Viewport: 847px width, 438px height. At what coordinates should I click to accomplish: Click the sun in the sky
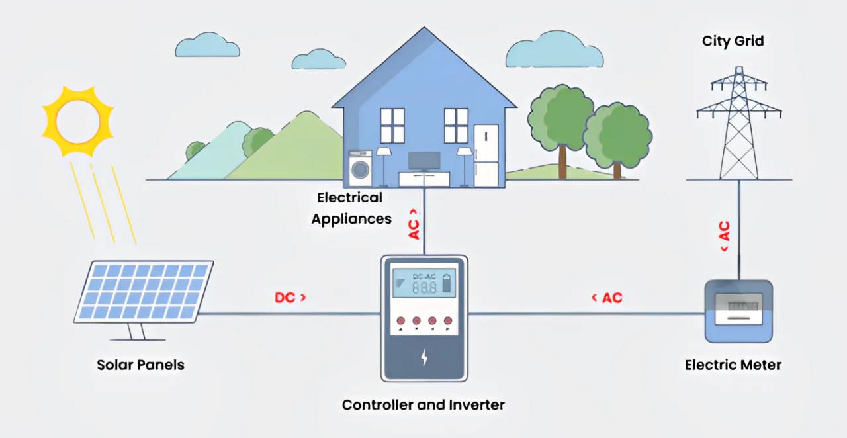[x=78, y=121]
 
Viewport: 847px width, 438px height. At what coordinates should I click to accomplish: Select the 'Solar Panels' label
[x=140, y=365]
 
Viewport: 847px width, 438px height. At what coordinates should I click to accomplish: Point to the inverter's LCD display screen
[x=423, y=283]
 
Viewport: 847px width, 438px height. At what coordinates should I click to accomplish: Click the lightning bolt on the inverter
[x=424, y=358]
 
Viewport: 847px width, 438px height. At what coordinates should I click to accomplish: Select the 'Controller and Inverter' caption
[x=423, y=404]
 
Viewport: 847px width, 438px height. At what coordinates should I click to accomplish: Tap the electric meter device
[x=738, y=311]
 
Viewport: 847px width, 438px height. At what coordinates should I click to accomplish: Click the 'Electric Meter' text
[x=733, y=365]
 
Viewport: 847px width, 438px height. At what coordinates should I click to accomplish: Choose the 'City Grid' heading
[x=733, y=41]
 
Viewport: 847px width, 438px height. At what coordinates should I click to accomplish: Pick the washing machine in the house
[x=361, y=169]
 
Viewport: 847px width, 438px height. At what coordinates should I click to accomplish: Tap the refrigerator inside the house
[x=485, y=155]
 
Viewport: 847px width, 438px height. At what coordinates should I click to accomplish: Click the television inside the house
[x=424, y=161]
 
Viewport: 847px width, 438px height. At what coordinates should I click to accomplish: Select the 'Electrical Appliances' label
[x=351, y=208]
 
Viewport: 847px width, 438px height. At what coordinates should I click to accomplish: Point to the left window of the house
[x=392, y=125]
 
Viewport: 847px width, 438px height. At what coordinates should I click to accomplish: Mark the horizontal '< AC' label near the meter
[x=607, y=298]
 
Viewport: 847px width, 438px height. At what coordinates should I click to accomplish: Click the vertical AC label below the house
[x=414, y=224]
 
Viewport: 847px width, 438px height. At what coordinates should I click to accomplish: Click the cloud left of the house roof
[x=207, y=46]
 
